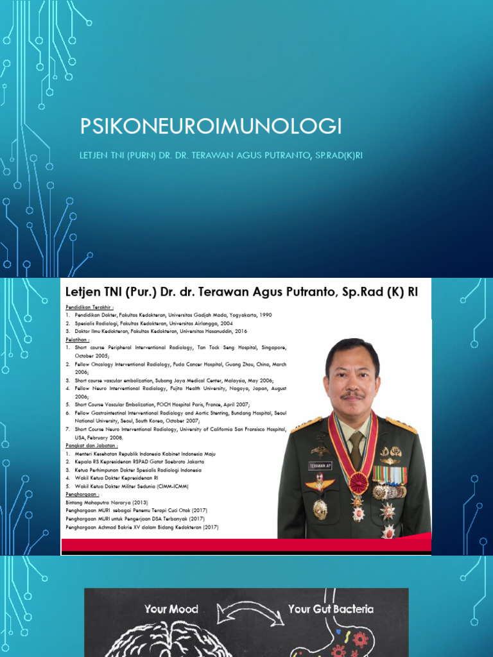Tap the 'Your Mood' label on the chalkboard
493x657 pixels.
point(171,608)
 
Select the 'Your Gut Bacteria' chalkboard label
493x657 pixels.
point(331,608)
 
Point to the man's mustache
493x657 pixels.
point(352,395)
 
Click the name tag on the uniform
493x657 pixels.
point(320,466)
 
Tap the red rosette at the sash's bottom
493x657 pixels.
point(358,482)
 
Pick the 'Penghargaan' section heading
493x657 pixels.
point(82,495)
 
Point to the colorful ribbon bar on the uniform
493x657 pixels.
point(390,475)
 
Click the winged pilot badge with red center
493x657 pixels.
point(320,482)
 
